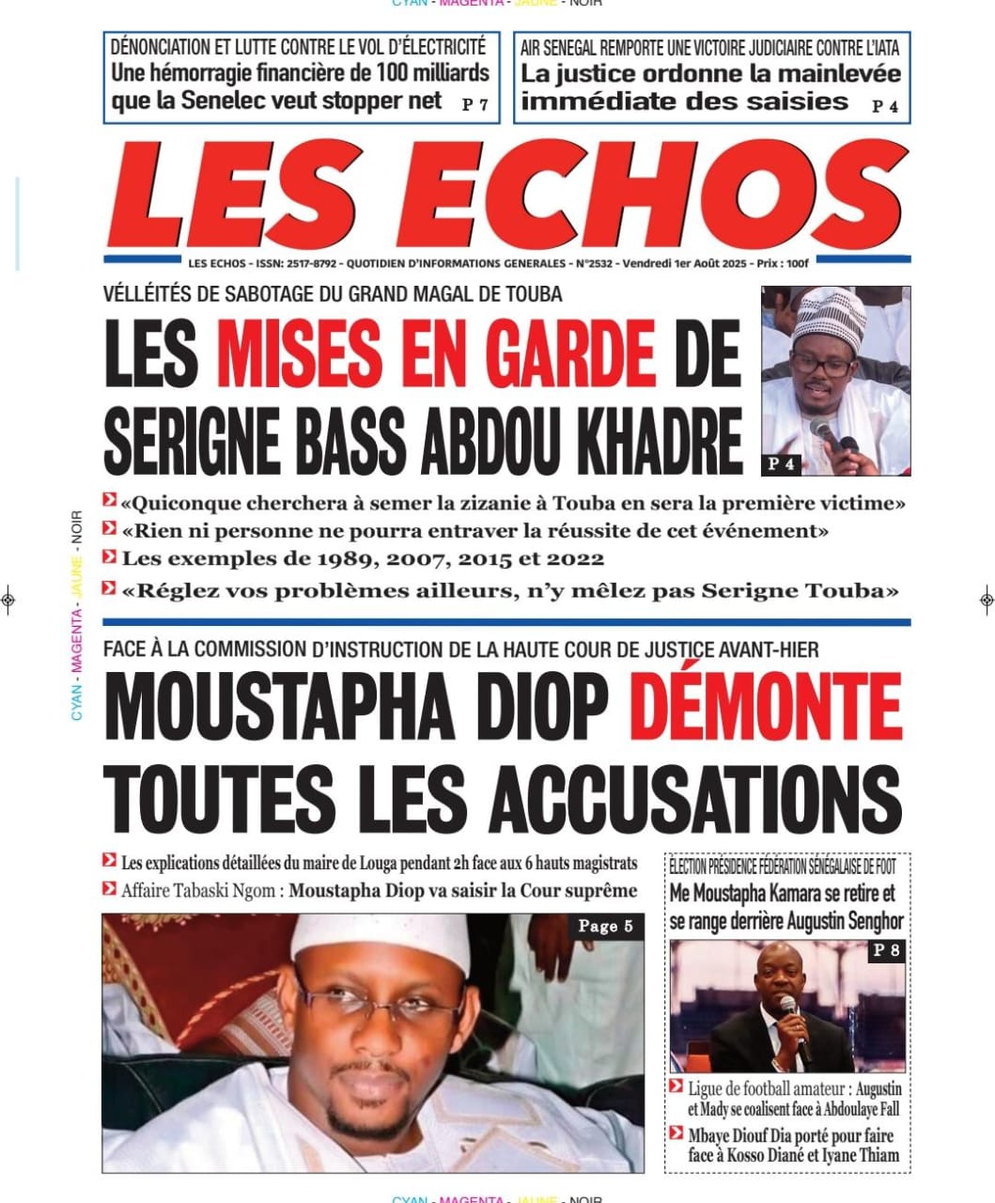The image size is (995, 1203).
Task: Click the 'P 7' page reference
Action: (474, 105)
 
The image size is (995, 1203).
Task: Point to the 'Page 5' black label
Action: (605, 927)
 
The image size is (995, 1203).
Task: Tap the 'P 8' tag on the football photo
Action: (886, 950)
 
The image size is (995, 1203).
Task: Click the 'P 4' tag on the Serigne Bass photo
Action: (781, 463)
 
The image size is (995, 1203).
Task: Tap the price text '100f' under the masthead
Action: (798, 264)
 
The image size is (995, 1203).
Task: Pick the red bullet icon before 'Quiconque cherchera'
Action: (110, 501)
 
